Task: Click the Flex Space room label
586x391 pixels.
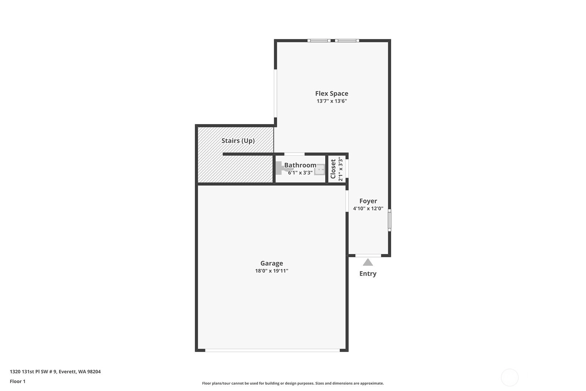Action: coord(331,94)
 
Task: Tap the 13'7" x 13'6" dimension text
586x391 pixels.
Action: coord(331,101)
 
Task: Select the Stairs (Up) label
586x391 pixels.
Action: coord(238,141)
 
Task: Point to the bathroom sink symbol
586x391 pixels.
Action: coord(319,170)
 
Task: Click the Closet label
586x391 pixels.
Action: coord(333,169)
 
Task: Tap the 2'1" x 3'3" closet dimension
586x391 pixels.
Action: coord(340,169)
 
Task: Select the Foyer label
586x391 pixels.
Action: coord(368,201)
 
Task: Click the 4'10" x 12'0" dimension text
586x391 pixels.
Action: coord(368,209)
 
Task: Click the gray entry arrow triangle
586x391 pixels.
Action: coord(368,262)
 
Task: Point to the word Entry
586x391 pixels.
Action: coord(368,274)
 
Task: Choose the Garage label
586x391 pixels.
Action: coord(271,263)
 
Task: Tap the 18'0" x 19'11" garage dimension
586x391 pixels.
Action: coord(271,271)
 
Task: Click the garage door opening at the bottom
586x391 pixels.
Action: coord(272,350)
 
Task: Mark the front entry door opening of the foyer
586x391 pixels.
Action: coord(368,255)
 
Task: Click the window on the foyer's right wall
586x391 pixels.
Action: coord(389,220)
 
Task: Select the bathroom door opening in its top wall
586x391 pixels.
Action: coord(294,154)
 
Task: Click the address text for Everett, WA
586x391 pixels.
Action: coord(55,372)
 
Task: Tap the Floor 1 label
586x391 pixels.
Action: coord(18,381)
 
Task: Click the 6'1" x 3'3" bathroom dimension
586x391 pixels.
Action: coord(300,173)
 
